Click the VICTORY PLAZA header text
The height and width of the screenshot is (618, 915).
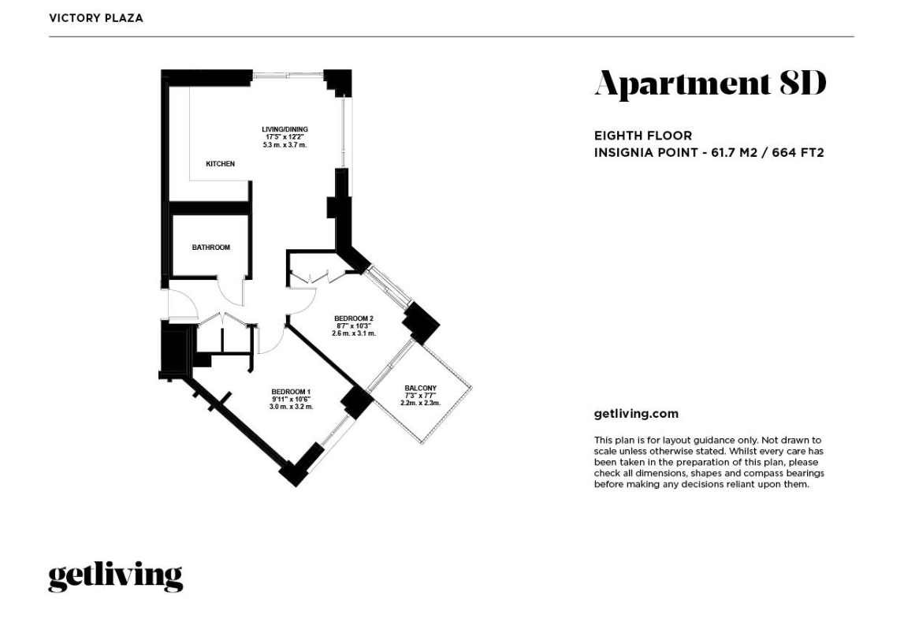click(x=95, y=18)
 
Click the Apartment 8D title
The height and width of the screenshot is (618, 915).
click(x=709, y=84)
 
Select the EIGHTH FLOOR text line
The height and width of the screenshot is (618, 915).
click(x=642, y=136)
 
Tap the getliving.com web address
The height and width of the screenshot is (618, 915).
click(x=635, y=414)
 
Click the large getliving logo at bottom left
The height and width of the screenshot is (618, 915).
click(x=115, y=576)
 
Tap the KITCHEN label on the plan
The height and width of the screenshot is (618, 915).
click(x=220, y=164)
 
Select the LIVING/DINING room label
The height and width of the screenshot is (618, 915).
click(x=285, y=129)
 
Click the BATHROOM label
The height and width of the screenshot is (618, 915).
click(x=210, y=248)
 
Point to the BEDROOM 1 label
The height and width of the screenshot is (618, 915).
click(x=291, y=392)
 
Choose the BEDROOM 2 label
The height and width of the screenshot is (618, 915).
click(x=353, y=318)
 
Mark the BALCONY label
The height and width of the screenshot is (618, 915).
click(x=420, y=388)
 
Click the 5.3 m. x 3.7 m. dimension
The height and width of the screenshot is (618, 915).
click(x=285, y=146)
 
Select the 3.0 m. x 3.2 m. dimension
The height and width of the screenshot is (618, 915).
click(x=291, y=407)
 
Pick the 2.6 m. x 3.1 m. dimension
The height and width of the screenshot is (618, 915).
click(x=353, y=333)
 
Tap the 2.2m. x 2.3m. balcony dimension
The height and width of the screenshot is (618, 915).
click(x=420, y=403)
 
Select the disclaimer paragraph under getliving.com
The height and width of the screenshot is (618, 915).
click(x=709, y=462)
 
